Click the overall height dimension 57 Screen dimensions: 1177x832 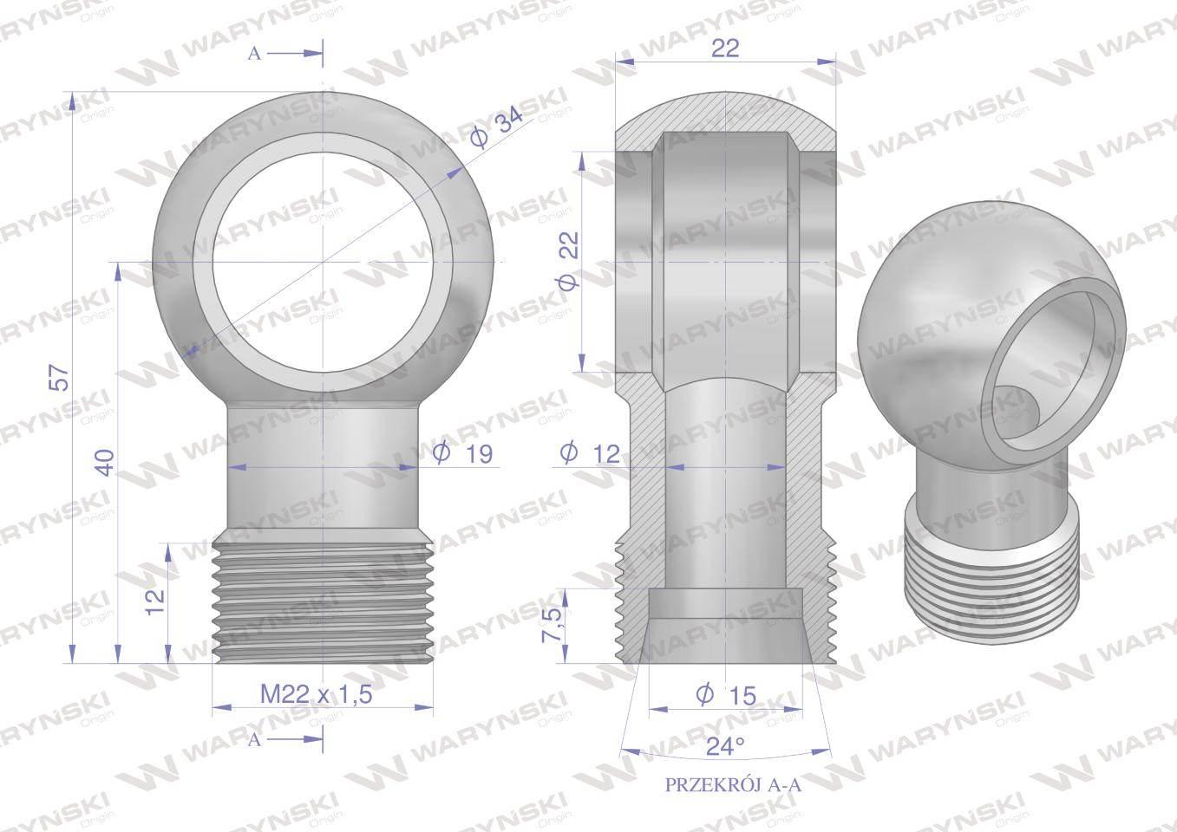[x=62, y=377]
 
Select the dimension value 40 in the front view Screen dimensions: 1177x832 [x=106, y=463]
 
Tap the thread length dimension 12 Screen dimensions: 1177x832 [x=156, y=602]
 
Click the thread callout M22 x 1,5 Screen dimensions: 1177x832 [x=317, y=694]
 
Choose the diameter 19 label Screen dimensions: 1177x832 [x=462, y=452]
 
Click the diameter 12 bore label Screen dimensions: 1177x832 [x=591, y=452]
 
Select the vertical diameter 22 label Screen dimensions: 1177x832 [x=570, y=261]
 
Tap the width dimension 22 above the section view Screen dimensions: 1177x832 [x=725, y=49]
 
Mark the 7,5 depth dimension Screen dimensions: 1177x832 [x=554, y=625]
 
